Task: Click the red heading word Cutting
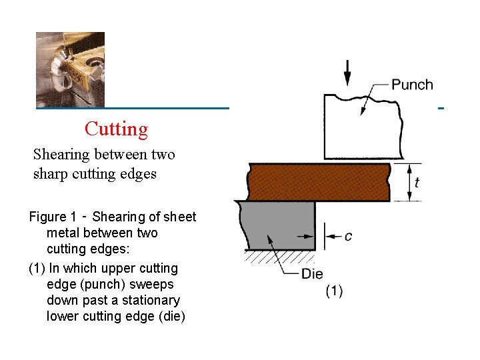pyautogui.click(x=116, y=129)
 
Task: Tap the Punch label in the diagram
pyautogui.click(x=412, y=85)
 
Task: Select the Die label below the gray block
pyautogui.click(x=312, y=274)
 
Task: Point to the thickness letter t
pyautogui.click(x=417, y=182)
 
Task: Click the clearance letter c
pyautogui.click(x=348, y=237)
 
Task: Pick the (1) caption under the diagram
pyautogui.click(x=334, y=291)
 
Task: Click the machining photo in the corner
pyautogui.click(x=70, y=69)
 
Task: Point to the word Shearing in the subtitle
pyautogui.click(x=62, y=155)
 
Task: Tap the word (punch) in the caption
pyautogui.click(x=155, y=285)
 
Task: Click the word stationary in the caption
pyautogui.click(x=150, y=301)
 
